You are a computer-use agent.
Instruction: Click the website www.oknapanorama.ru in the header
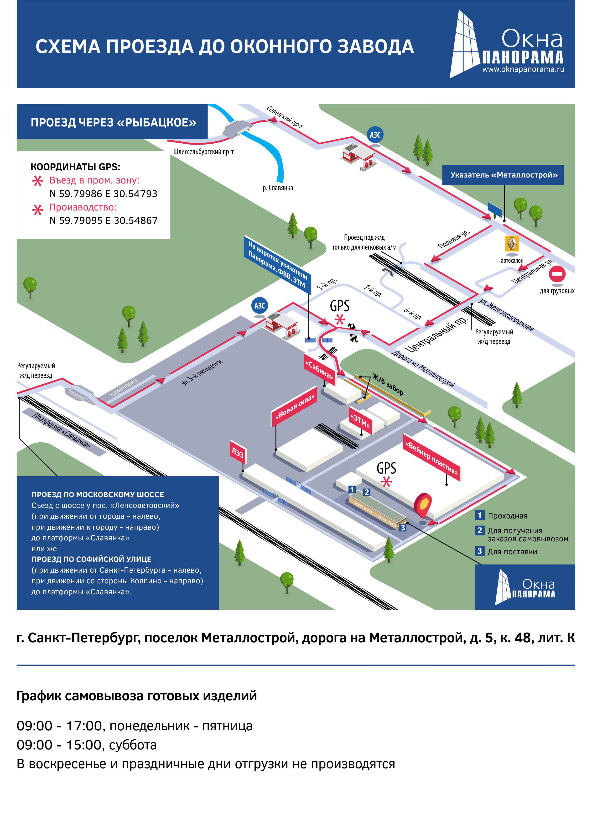(x=523, y=69)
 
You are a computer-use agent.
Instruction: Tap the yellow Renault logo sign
(x=512, y=244)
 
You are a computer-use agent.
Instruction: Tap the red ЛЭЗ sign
(x=237, y=452)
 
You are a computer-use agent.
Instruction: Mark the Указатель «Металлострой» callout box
(x=503, y=175)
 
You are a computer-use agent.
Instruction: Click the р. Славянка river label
(x=278, y=188)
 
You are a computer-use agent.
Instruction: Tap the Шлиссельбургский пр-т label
(x=203, y=152)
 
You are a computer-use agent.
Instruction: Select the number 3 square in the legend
(x=479, y=551)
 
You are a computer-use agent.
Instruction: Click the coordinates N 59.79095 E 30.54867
(x=104, y=220)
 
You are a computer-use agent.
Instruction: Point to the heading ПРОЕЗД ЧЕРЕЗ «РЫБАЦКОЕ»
(x=113, y=122)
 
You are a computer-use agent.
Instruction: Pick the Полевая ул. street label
(x=454, y=239)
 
